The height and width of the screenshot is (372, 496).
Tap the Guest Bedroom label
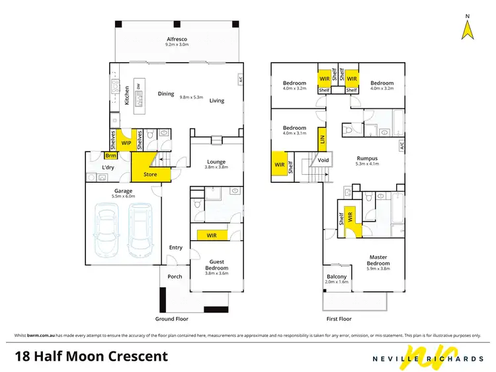coord(216,265)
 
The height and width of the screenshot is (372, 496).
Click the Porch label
coord(175,277)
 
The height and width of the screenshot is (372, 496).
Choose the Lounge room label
coord(216,162)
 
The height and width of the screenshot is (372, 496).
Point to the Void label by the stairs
coord(323,160)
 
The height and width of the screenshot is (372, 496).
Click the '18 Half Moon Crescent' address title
coord(91,357)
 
